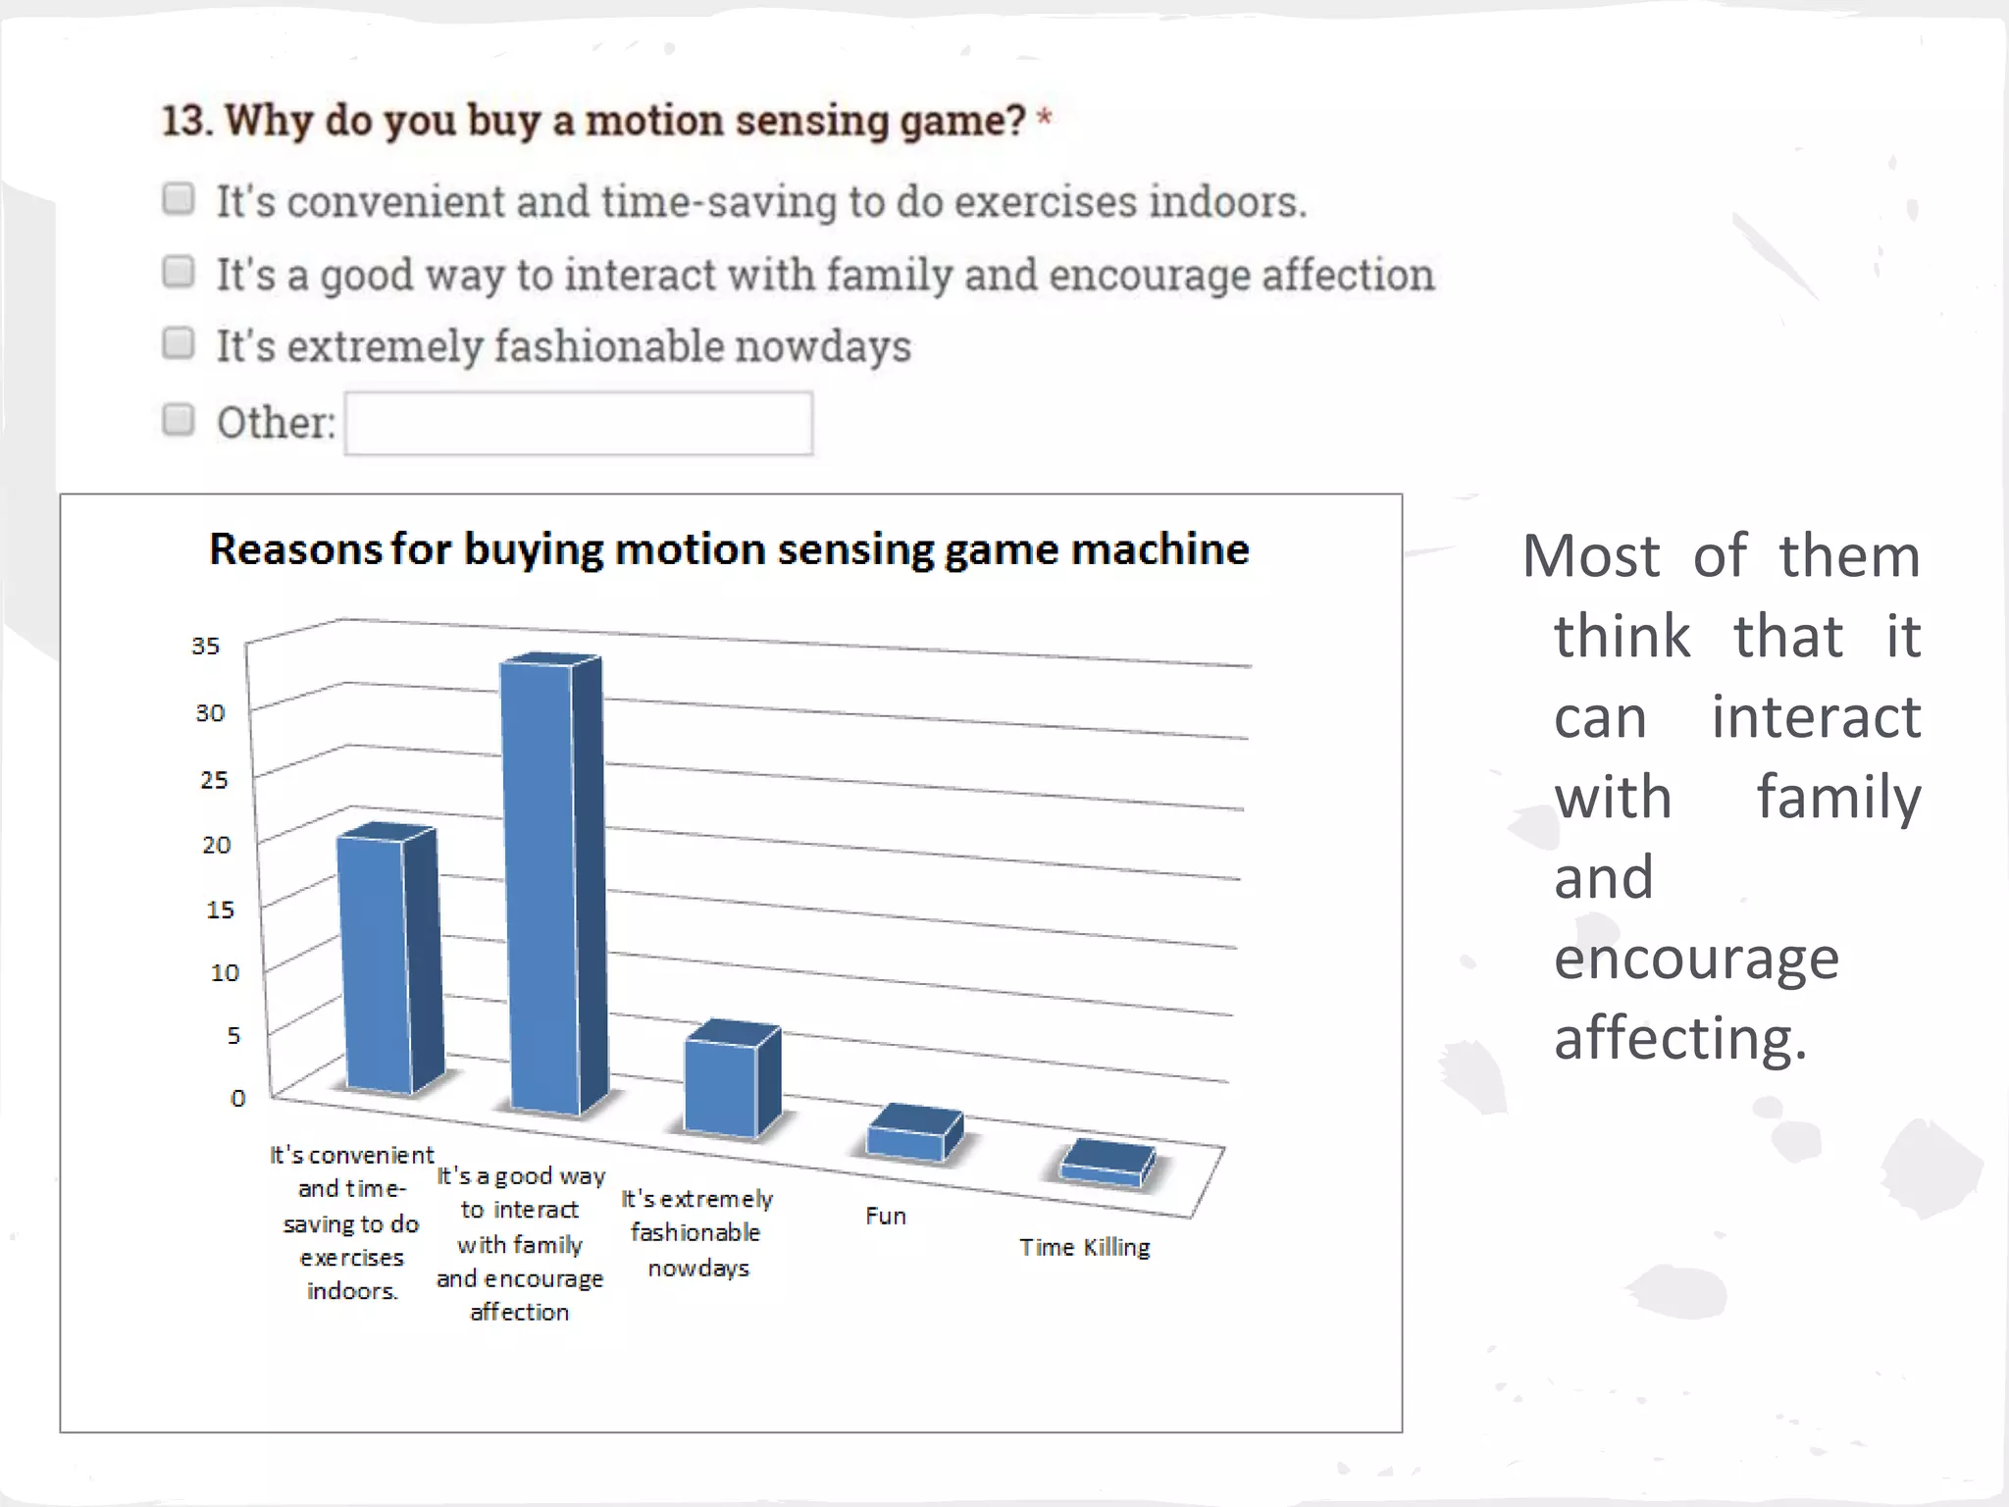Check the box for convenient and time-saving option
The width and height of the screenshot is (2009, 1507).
[179, 199]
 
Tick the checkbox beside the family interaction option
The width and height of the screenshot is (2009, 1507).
[179, 272]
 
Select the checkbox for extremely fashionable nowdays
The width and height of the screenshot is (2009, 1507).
[179, 344]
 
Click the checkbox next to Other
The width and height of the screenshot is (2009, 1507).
[179, 420]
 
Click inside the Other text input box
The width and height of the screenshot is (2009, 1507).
[579, 424]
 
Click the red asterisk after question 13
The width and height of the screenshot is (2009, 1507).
[1045, 119]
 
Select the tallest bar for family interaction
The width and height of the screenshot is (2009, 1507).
[540, 883]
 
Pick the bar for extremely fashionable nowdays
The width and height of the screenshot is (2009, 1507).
[721, 1084]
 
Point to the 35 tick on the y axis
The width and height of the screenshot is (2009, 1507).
[206, 646]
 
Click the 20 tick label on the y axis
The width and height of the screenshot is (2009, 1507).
[216, 845]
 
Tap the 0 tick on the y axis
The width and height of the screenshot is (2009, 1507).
[237, 1098]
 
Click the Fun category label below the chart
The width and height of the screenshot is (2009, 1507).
[886, 1216]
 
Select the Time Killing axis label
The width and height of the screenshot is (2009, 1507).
[1085, 1247]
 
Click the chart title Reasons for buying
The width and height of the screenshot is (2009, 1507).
[729, 549]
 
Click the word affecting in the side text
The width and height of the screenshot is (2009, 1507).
[1679, 1038]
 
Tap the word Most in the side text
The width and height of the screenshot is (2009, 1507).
[1591, 556]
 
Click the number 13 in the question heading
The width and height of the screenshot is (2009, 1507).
[185, 121]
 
